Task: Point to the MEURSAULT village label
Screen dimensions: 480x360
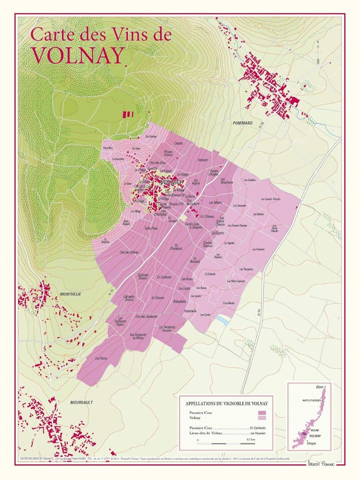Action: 81,402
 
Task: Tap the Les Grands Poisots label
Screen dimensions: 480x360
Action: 270,199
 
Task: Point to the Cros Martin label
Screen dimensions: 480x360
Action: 229,303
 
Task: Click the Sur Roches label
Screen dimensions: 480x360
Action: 151,136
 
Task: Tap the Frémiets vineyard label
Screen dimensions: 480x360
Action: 202,160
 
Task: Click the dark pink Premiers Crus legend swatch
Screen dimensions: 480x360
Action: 262,413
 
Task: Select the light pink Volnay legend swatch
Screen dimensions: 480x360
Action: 262,418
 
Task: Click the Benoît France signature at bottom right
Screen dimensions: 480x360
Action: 321,464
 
